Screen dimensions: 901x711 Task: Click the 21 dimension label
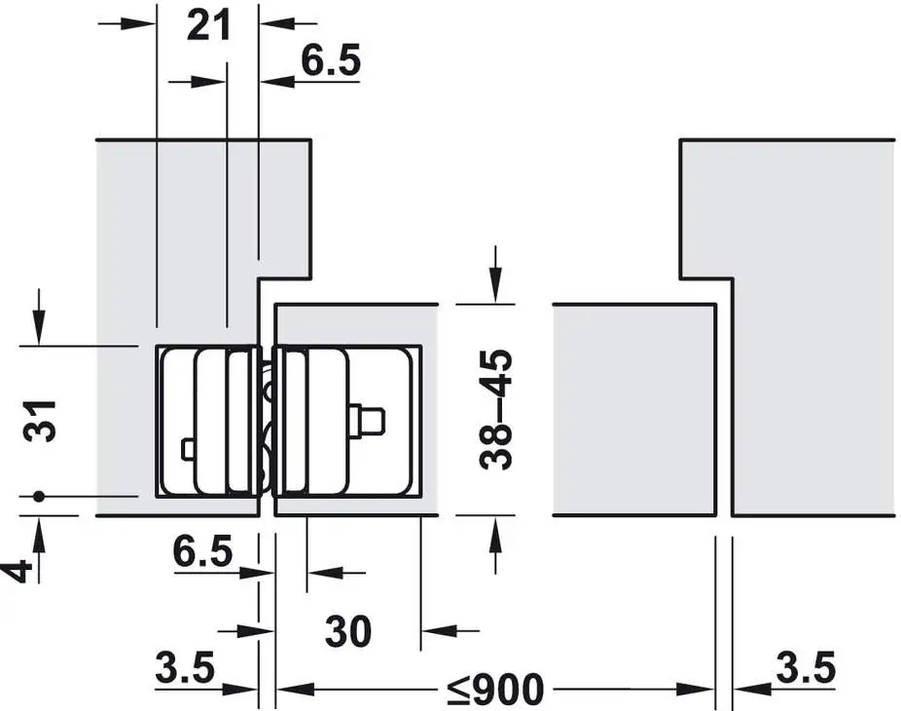[208, 25]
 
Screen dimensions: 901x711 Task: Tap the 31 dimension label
[40, 421]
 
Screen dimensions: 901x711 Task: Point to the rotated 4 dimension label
[18, 573]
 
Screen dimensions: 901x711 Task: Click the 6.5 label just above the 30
[202, 550]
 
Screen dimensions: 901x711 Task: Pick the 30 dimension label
[348, 631]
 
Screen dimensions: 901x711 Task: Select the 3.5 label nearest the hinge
[185, 667]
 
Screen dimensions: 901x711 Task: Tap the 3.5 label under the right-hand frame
[806, 667]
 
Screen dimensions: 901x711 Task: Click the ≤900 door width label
[495, 689]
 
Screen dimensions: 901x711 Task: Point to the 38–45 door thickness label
[495, 410]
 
